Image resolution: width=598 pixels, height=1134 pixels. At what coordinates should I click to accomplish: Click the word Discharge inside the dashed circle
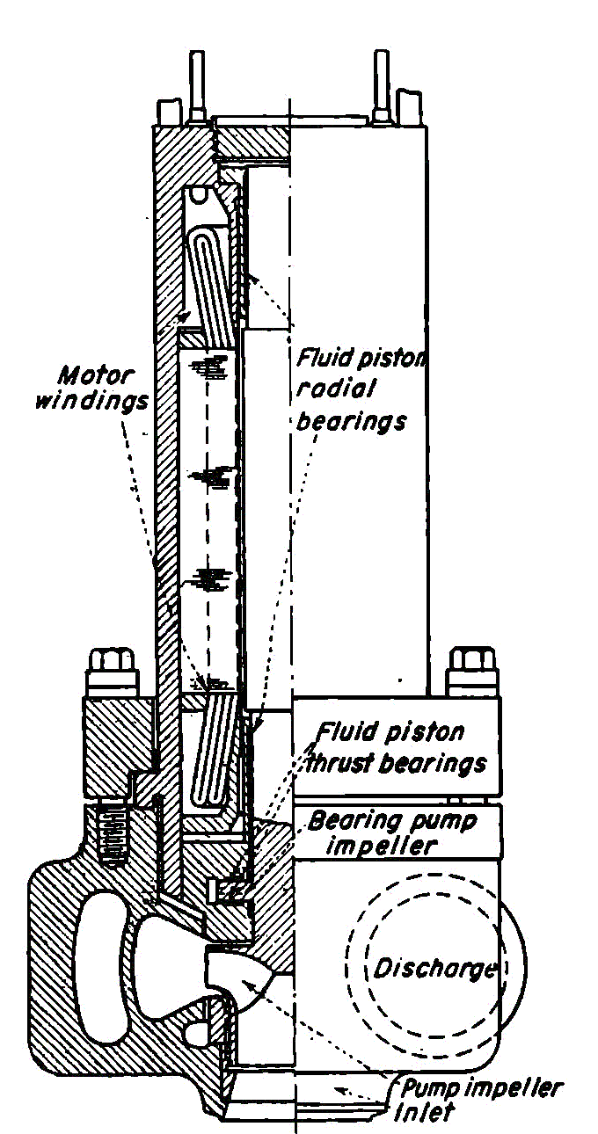point(433,969)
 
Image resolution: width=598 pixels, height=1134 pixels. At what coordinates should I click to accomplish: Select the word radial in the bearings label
point(328,389)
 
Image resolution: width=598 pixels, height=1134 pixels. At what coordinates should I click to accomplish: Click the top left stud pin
point(194,88)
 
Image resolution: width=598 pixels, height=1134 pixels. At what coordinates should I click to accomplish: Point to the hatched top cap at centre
point(253,139)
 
